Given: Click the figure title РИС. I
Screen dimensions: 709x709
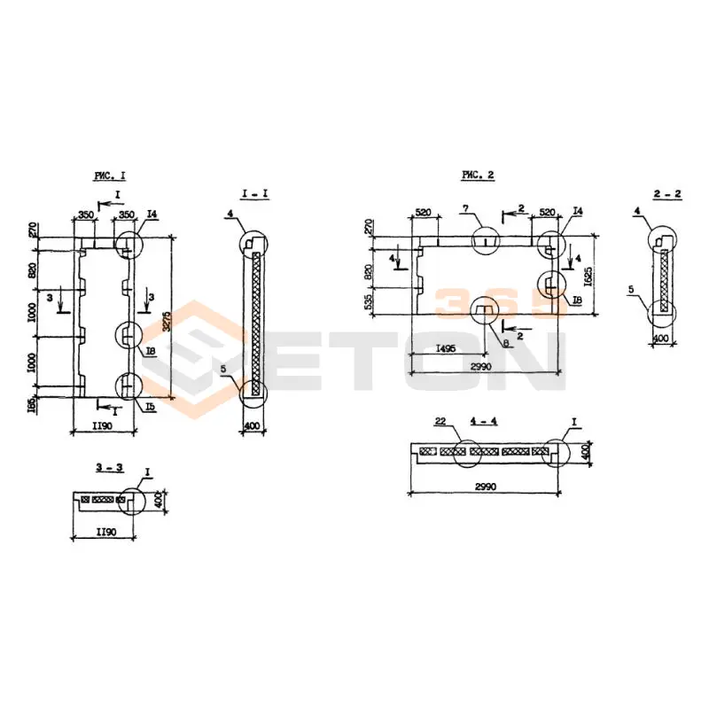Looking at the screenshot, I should pyautogui.click(x=110, y=175).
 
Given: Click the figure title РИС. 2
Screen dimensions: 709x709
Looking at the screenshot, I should pyautogui.click(x=478, y=175).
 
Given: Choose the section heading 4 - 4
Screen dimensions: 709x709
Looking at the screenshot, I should pyautogui.click(x=484, y=420).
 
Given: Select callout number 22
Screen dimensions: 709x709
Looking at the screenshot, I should pyautogui.click(x=440, y=420).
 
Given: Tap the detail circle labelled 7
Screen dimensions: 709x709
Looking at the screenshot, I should pyautogui.click(x=487, y=240).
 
